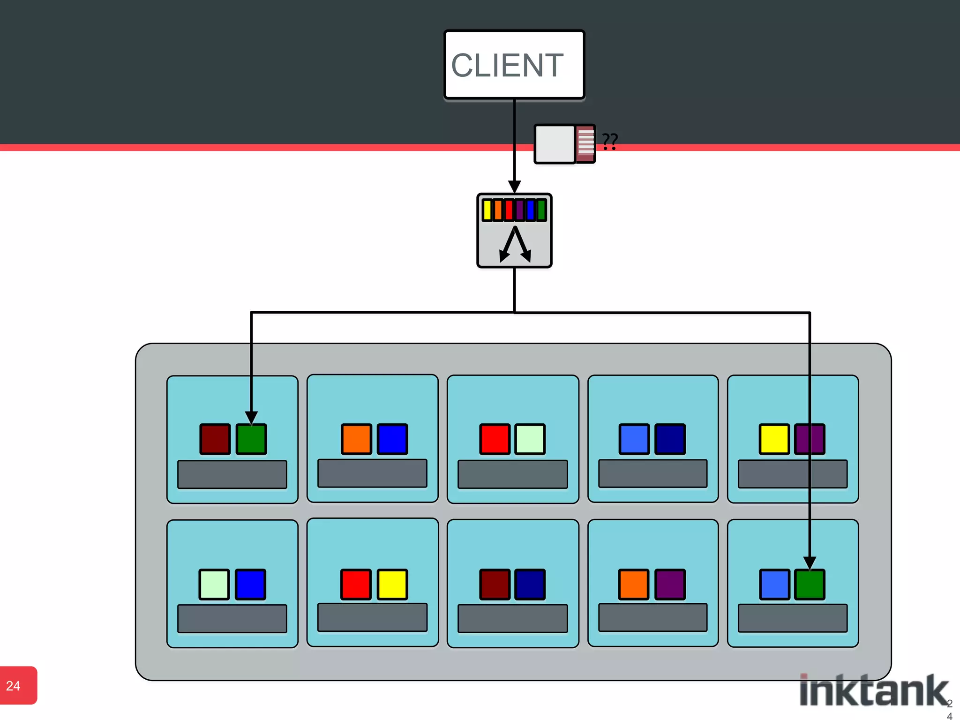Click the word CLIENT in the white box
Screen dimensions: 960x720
tap(507, 65)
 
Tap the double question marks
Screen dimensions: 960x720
tap(610, 141)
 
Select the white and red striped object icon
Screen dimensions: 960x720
tap(565, 144)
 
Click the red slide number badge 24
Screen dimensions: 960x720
tap(18, 685)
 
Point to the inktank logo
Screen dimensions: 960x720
tap(874, 690)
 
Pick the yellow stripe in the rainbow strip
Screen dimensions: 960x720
tap(487, 210)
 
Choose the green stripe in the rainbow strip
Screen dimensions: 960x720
tap(541, 210)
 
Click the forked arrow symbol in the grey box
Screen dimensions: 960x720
tap(515, 244)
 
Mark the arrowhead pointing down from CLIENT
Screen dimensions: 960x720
tap(514, 186)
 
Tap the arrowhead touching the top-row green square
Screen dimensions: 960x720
tap(251, 417)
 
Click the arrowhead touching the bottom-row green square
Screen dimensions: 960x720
tap(810, 562)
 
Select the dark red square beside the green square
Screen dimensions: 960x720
tap(215, 439)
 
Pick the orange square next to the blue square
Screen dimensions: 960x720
tap(356, 439)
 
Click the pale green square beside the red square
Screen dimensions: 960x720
tap(530, 439)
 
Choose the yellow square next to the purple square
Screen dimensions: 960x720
tap(774, 439)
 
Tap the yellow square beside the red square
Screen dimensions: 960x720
tap(392, 584)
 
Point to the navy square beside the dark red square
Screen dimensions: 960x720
tap(530, 584)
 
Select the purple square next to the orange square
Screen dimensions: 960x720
tap(670, 584)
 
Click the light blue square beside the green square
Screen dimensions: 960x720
tap(774, 584)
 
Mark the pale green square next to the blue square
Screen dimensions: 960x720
tap(214, 584)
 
